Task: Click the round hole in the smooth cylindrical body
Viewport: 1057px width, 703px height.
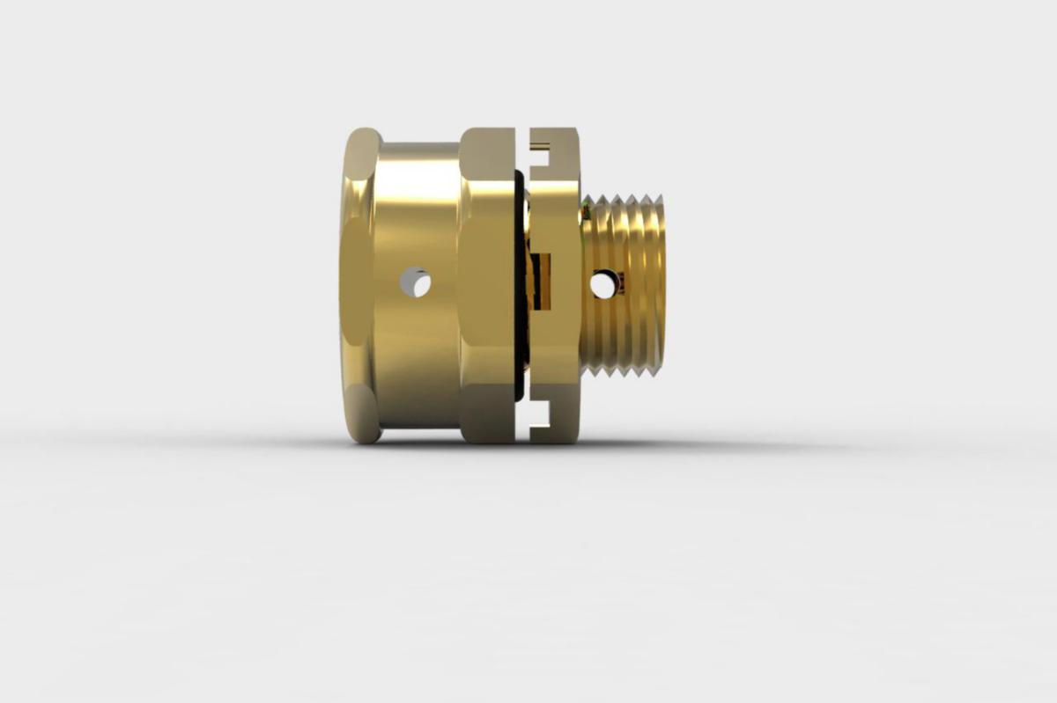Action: point(415,282)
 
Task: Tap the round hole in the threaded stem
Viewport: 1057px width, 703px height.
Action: point(602,284)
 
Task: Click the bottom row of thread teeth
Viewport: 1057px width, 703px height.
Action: point(627,370)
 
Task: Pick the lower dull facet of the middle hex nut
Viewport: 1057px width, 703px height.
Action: point(487,414)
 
